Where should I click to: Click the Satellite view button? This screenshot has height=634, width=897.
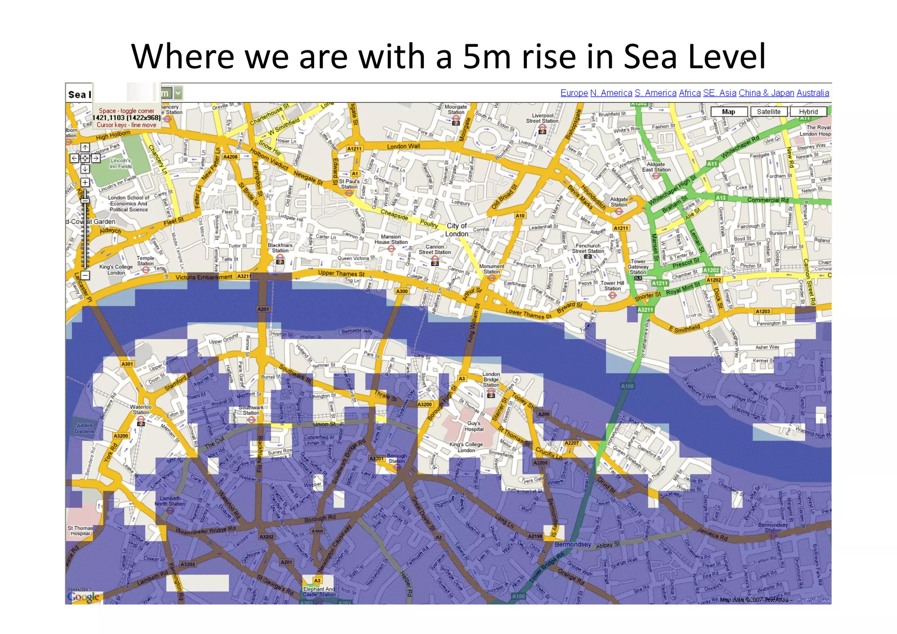coord(769,112)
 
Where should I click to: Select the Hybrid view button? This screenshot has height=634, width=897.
coord(808,112)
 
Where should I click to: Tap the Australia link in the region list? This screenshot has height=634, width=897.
coord(812,93)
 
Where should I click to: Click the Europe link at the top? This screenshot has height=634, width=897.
coord(574,93)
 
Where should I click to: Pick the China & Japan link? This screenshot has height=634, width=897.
coord(766,93)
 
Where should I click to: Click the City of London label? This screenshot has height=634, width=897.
coord(456,230)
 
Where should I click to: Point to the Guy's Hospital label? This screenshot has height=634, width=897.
coord(474,426)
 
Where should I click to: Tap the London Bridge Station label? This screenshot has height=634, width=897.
coord(491,380)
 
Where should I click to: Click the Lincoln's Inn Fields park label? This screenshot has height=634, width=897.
coord(120,163)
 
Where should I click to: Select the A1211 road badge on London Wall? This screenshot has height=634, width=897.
coord(354,148)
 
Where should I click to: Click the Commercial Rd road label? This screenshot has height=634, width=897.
coord(767,200)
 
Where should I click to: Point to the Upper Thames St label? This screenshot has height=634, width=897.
coord(341,274)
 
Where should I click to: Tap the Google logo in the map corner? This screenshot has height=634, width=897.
coord(83,597)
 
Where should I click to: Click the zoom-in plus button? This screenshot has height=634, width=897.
coord(85,182)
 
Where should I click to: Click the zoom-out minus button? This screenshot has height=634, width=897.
coord(85,275)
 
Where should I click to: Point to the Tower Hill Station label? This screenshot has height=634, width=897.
coord(612,285)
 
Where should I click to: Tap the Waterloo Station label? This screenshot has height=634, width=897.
coord(141,409)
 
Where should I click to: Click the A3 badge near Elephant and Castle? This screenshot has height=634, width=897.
coord(317,581)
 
